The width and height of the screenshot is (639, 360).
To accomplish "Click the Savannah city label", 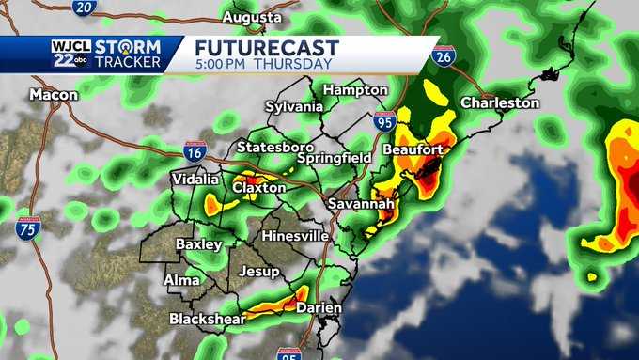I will pos(358,204).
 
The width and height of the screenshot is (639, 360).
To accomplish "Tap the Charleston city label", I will pos(499,102).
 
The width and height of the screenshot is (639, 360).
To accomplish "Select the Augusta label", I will pos(252,18).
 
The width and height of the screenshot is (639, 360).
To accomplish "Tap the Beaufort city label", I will pos(413,150).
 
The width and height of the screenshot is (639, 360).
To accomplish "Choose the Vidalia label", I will pos(195,179).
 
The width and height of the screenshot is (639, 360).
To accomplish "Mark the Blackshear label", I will pos(207,319).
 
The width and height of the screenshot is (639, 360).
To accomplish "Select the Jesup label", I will pos(259,272).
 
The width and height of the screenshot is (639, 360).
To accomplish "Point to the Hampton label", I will pos(354,89).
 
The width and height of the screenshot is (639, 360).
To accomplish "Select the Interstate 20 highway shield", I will pos(84,8).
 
